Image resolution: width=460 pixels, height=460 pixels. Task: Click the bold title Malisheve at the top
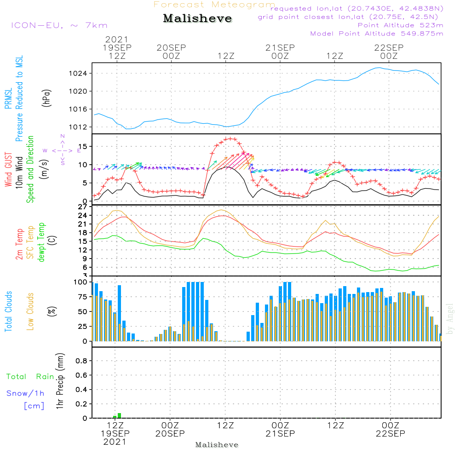(197, 18)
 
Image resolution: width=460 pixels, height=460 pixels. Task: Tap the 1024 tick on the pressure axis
(78, 73)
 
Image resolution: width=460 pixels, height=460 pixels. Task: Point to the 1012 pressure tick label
(78, 127)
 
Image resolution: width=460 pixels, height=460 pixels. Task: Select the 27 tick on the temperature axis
(83, 207)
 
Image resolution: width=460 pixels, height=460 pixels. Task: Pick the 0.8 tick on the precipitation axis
(81, 361)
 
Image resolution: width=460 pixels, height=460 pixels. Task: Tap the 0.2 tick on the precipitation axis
(81, 404)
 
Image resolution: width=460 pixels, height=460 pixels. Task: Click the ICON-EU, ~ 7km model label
(59, 25)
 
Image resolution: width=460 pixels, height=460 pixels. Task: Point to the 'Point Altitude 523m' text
(401, 25)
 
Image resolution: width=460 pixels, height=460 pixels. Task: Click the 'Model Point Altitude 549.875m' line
(377, 34)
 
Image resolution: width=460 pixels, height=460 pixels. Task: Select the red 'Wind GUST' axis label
(8, 169)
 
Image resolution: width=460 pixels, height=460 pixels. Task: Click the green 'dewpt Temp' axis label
(41, 242)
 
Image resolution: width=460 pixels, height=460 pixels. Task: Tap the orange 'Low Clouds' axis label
(30, 311)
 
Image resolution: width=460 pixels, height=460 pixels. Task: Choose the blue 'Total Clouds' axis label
(8, 311)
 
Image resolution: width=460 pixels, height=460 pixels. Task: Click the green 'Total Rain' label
(30, 377)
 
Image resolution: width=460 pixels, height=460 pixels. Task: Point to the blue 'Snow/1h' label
(25, 393)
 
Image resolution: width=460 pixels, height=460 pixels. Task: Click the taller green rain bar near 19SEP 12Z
(120, 415)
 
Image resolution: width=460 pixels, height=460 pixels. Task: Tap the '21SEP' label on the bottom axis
(280, 434)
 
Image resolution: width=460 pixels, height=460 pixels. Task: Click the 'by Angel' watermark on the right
(450, 319)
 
